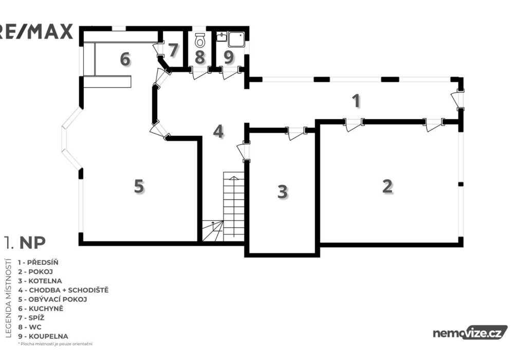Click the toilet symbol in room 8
[199, 40]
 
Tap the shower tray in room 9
[236, 39]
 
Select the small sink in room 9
[221, 37]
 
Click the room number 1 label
[356, 101]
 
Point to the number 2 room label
[388, 186]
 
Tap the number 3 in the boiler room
[282, 192]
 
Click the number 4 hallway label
[218, 132]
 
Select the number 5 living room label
[139, 186]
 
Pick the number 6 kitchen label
[125, 59]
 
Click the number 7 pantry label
[173, 50]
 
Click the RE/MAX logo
[36, 32]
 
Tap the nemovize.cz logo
[470, 333]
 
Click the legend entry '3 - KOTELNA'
[40, 281]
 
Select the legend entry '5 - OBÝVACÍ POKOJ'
[53, 299]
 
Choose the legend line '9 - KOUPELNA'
[43, 336]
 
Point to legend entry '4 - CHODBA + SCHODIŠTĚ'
[63, 290]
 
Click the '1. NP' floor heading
[25, 243]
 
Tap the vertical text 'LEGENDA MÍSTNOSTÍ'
[9, 298]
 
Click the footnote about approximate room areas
[55, 344]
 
